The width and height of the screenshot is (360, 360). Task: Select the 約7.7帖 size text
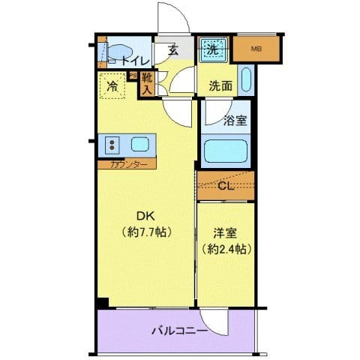tap(147, 232)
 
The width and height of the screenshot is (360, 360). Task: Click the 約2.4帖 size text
tap(225, 247)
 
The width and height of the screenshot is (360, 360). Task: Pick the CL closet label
tap(226, 187)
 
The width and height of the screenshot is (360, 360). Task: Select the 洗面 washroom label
tap(220, 85)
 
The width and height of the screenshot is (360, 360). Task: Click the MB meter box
tap(256, 50)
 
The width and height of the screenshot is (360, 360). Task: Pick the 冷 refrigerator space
tap(111, 85)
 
